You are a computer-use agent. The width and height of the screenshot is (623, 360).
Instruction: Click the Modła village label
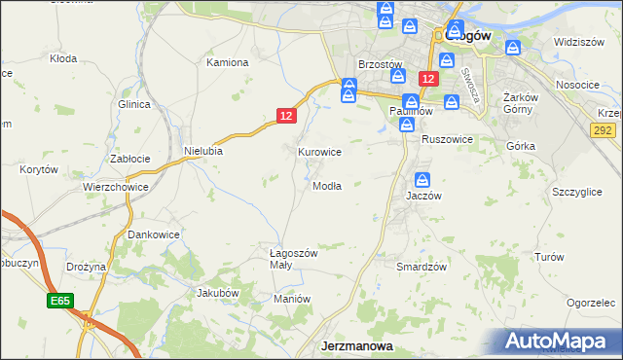pos(327,187)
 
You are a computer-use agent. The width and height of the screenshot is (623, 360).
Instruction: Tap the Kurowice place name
pos(318,153)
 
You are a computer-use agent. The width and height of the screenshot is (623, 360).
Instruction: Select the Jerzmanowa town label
pos(357,345)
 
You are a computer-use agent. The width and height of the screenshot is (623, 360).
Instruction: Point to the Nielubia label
pos(203,152)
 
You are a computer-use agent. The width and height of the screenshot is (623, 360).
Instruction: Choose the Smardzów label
pos(421,267)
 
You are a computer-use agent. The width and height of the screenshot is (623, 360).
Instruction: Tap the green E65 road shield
pos(57,303)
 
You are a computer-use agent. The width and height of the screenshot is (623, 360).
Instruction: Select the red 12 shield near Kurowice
pos(284,116)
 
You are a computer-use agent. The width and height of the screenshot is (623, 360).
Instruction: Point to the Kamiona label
pos(228,62)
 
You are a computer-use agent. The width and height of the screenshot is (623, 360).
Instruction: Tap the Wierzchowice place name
pos(115,187)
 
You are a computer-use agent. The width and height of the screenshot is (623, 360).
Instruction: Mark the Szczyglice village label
pos(576,193)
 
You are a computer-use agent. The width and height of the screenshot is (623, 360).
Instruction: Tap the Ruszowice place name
pos(447,140)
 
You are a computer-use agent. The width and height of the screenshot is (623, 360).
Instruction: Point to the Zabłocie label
pos(129,159)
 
